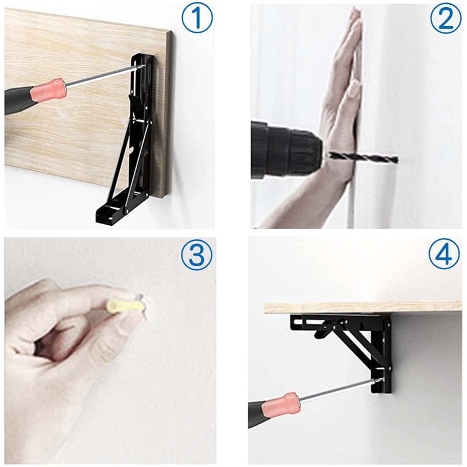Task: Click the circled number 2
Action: [445, 19]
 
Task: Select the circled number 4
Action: [445, 255]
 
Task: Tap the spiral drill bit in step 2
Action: [362, 158]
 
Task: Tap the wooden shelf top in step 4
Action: [362, 307]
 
